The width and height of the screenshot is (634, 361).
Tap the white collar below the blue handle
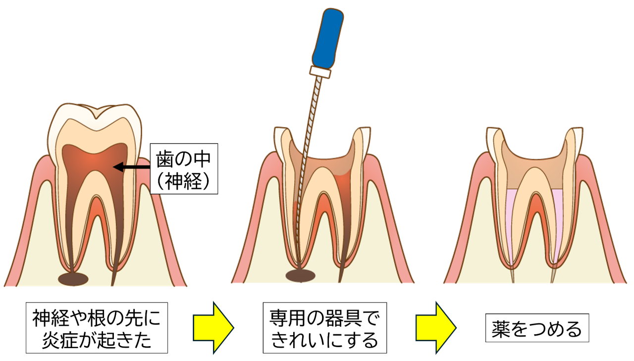(x=320, y=71)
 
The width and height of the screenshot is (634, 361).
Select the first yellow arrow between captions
(x=212, y=327)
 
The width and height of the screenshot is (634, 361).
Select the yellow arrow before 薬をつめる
(x=435, y=326)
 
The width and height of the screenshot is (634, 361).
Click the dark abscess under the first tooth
(x=73, y=279)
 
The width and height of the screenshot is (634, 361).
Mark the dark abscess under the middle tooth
(x=300, y=275)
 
